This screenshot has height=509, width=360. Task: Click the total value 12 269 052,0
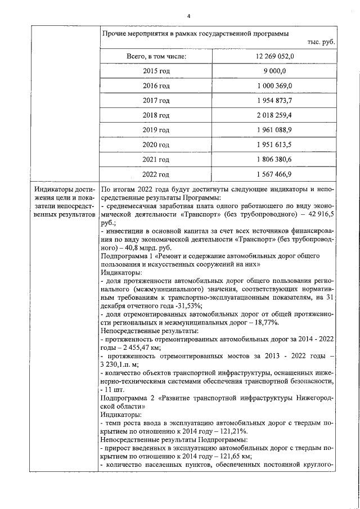tap(274, 56)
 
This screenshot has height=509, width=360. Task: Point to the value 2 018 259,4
tap(274, 115)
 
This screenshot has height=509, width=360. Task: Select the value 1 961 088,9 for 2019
tap(274, 130)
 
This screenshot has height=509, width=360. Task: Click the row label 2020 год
tap(156, 145)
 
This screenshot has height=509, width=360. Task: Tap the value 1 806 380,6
tap(274, 159)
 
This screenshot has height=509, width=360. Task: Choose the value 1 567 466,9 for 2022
tap(274, 174)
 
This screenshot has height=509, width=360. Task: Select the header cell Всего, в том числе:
tap(156, 56)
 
